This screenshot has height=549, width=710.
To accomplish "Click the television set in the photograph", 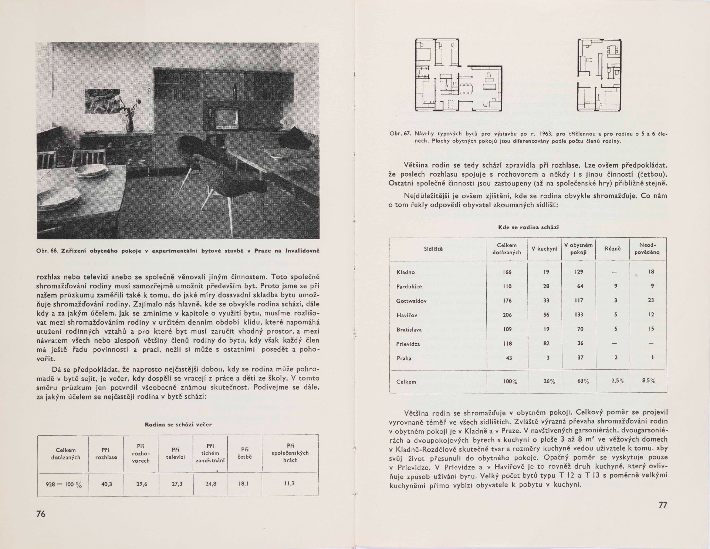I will pyautogui.click(x=222, y=118).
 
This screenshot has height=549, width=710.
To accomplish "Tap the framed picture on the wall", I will pyautogui.click(x=103, y=101).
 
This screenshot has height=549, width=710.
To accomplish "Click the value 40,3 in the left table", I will pyautogui.click(x=106, y=483).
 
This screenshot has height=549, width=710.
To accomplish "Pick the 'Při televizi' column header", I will pyautogui.click(x=176, y=453).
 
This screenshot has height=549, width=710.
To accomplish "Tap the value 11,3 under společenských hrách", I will pyautogui.click(x=290, y=483).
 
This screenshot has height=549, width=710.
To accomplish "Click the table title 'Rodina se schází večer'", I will pyautogui.click(x=178, y=425).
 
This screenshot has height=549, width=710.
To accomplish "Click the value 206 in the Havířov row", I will pyautogui.click(x=507, y=315).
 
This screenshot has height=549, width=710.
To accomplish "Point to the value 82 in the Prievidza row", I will pyautogui.click(x=546, y=344).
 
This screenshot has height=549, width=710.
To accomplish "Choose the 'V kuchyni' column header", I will pyautogui.click(x=544, y=249).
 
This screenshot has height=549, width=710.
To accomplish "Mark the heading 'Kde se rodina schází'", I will pyautogui.click(x=528, y=228).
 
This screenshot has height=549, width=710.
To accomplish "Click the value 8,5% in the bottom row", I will pyautogui.click(x=649, y=381).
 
